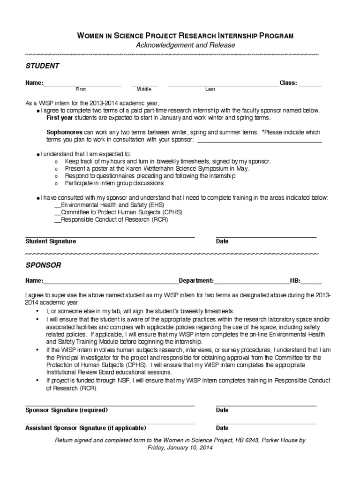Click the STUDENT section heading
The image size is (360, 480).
42,66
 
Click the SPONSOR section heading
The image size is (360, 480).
43,265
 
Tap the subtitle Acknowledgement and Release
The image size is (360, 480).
185,45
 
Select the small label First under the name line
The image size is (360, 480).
81,89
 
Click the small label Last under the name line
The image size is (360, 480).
210,89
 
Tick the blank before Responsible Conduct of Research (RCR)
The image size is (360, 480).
58,219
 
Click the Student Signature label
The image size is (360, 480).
51,241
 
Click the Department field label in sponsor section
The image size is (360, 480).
196,281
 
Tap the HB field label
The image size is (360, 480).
295,281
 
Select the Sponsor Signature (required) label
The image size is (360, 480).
67,410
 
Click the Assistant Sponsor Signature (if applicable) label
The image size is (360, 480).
86,428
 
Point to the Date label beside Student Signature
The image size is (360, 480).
222,241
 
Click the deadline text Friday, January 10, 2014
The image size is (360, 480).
180,448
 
